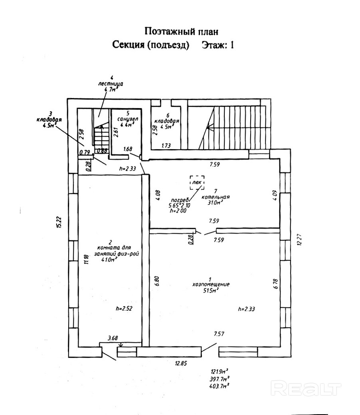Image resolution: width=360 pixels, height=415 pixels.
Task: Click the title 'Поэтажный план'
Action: [x=182, y=31]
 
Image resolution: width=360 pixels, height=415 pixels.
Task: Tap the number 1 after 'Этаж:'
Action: [x=230, y=45]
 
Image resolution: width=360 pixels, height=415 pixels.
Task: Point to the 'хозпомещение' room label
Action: [x=210, y=285]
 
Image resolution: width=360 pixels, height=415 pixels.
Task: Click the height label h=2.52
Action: [x=124, y=308]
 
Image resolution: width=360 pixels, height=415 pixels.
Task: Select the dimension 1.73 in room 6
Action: [x=167, y=146]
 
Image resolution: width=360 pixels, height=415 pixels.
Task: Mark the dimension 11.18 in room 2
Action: [x=85, y=259]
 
